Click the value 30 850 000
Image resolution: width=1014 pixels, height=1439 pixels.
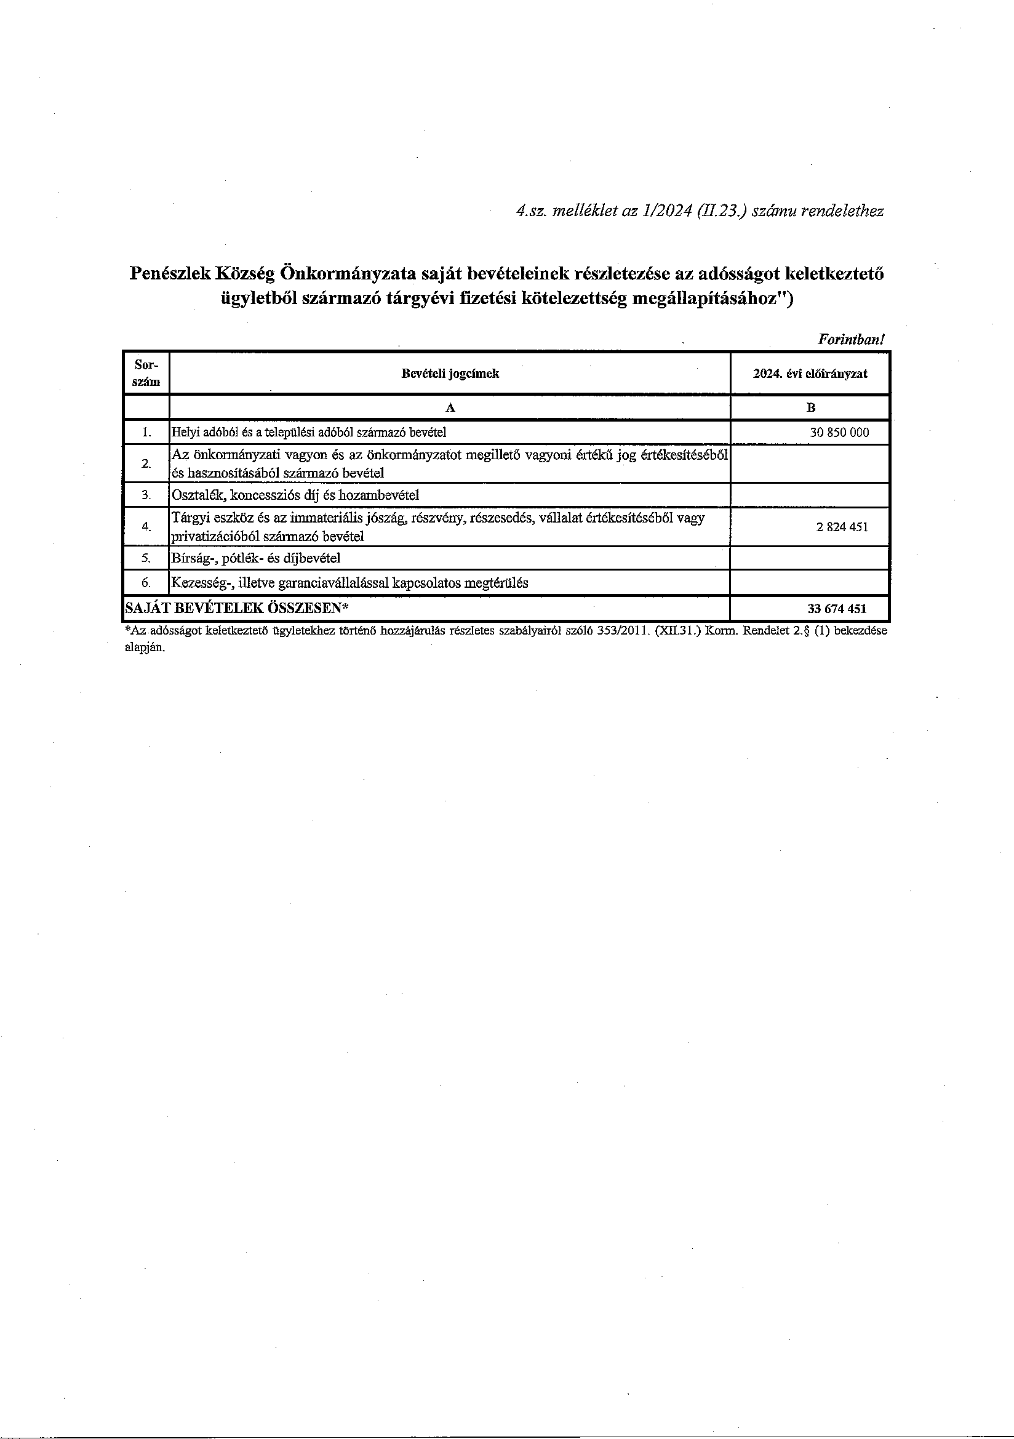(x=839, y=433)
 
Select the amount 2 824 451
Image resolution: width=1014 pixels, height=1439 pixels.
(x=842, y=527)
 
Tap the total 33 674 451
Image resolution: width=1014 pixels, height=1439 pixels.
(x=838, y=608)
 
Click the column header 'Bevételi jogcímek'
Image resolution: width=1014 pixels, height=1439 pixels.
(x=450, y=374)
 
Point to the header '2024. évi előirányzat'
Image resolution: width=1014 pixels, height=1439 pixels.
(x=810, y=374)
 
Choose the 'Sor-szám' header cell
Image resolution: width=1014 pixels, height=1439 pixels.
(x=146, y=373)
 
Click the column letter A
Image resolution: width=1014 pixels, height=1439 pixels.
(x=450, y=408)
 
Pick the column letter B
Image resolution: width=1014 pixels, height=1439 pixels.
(x=810, y=408)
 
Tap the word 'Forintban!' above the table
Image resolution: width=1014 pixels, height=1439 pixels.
(x=851, y=340)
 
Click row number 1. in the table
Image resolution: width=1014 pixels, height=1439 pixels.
(x=146, y=433)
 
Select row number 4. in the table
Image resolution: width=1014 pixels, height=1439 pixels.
(x=146, y=527)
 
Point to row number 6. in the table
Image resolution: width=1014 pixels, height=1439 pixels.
(x=146, y=583)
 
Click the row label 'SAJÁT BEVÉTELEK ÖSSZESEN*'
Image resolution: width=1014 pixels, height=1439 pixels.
(x=237, y=608)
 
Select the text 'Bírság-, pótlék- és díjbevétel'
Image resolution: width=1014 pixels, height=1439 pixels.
(x=257, y=558)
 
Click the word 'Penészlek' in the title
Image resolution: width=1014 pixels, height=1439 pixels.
(x=167, y=273)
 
